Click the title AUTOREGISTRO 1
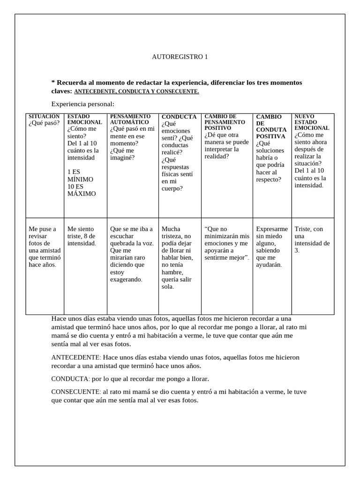[180, 57]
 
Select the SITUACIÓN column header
[44, 116]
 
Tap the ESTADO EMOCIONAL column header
[84, 119]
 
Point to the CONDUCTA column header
[179, 117]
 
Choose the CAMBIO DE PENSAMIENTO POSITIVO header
[224, 122]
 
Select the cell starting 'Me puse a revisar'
[43, 247]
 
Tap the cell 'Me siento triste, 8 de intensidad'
[82, 236]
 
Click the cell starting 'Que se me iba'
[131, 254]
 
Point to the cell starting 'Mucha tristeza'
[177, 258]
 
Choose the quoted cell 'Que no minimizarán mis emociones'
[227, 243]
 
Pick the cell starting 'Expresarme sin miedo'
[272, 247]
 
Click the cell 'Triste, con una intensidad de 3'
[312, 240]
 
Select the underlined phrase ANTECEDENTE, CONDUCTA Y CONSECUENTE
[136, 91]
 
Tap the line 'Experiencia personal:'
[82, 104]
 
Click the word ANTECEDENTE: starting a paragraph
[75, 357]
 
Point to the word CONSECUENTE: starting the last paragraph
[75, 391]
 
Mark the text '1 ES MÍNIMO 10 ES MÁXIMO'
[82, 183]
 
